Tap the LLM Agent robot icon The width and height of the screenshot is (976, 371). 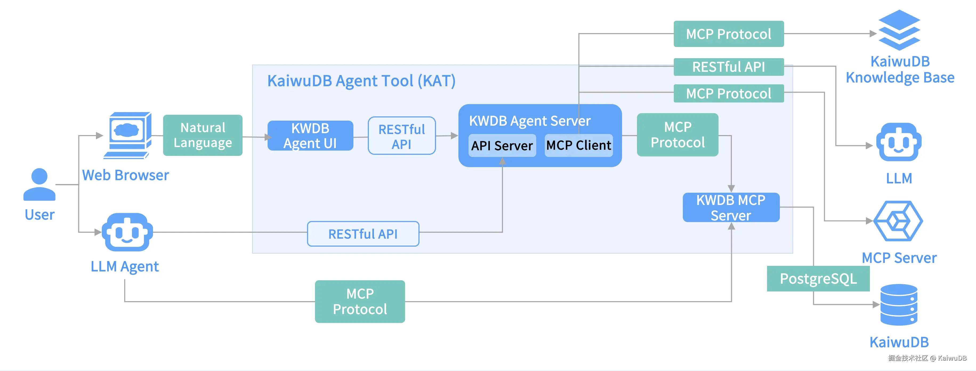point(127,232)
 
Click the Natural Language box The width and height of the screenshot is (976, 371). point(203,135)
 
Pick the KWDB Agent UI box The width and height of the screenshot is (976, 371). point(310,136)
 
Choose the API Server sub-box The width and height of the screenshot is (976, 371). point(502,145)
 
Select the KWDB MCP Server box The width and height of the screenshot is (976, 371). point(731,207)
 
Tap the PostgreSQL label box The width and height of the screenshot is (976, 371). point(818,279)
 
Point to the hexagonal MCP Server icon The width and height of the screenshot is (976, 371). point(898,221)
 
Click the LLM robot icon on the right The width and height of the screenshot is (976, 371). point(899,142)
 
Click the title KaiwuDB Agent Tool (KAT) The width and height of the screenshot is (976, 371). point(361,81)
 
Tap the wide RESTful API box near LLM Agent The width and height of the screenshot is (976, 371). point(363,234)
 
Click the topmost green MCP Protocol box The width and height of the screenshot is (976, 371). point(728,34)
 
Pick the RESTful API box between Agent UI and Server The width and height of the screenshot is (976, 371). point(402,136)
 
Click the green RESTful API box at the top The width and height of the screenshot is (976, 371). point(728,67)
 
